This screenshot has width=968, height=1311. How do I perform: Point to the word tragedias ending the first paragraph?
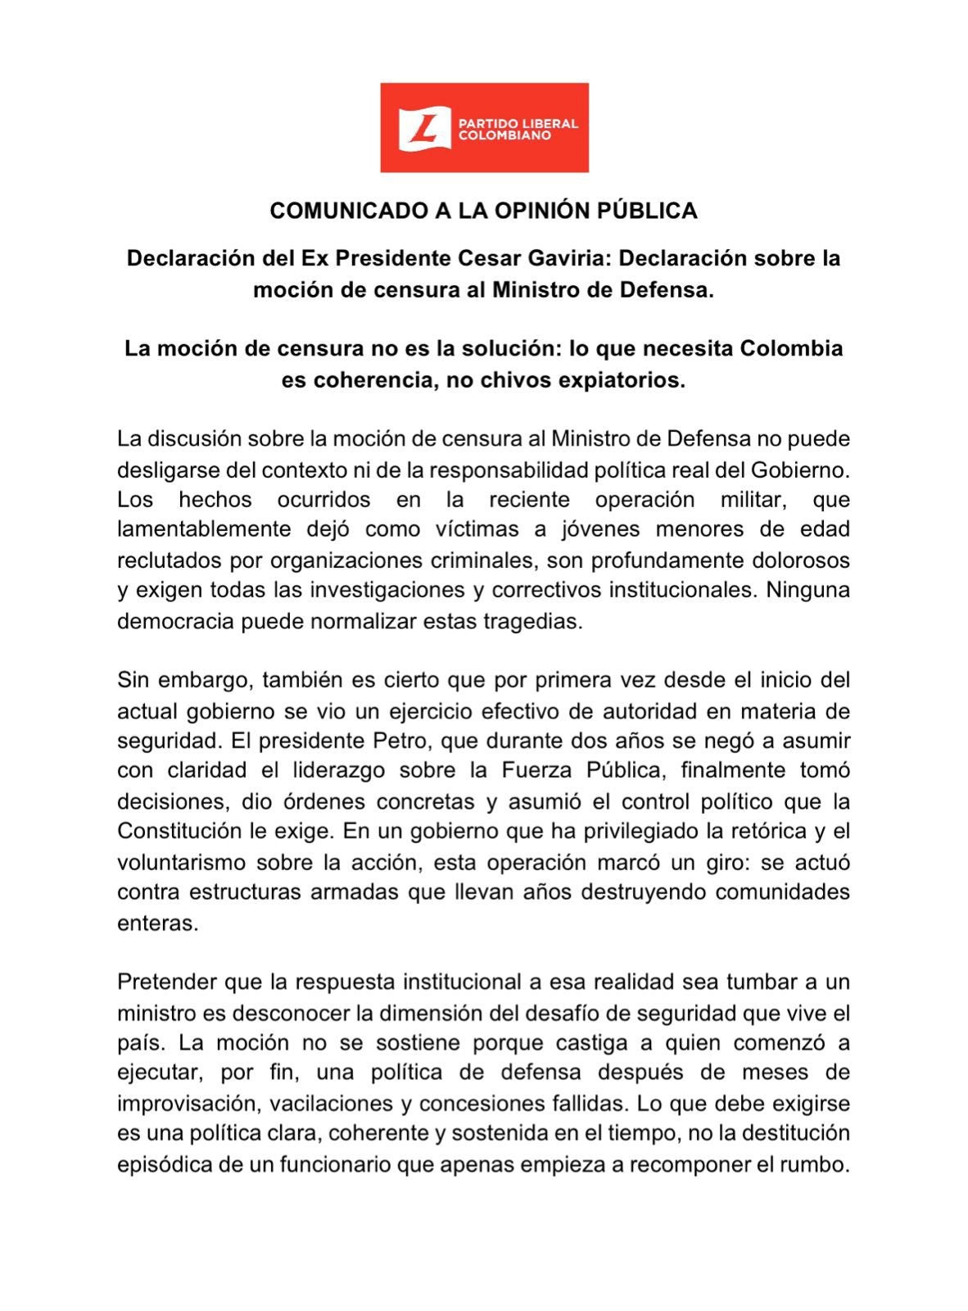point(541,621)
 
